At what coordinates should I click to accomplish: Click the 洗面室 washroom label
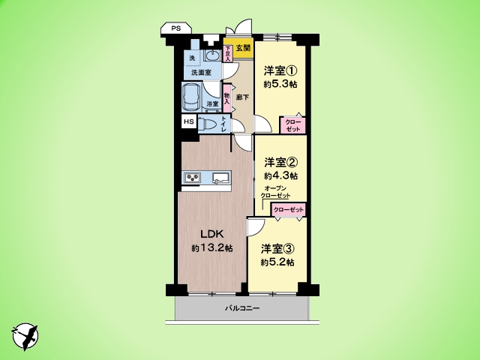[x=200, y=73]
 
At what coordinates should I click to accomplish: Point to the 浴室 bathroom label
[x=212, y=103]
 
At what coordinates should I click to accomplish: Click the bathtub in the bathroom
[x=191, y=97]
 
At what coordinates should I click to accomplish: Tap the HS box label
[x=187, y=122]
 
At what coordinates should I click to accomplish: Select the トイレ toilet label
[x=224, y=125]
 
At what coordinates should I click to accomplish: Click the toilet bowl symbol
[x=207, y=124]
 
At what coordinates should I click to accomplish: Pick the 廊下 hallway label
[x=242, y=97]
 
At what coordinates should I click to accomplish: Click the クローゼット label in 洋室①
[x=293, y=125]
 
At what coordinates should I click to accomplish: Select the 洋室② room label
[x=280, y=162]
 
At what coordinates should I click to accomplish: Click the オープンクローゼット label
[x=276, y=191]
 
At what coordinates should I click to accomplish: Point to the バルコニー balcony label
[x=241, y=308]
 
